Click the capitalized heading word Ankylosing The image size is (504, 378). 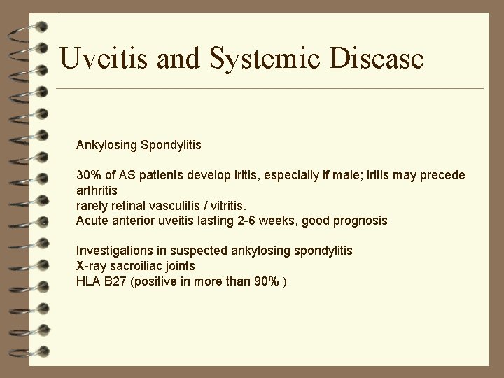[107, 146]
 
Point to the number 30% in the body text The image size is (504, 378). [89, 175]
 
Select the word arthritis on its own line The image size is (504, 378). [97, 190]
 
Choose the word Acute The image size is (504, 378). [92, 220]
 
